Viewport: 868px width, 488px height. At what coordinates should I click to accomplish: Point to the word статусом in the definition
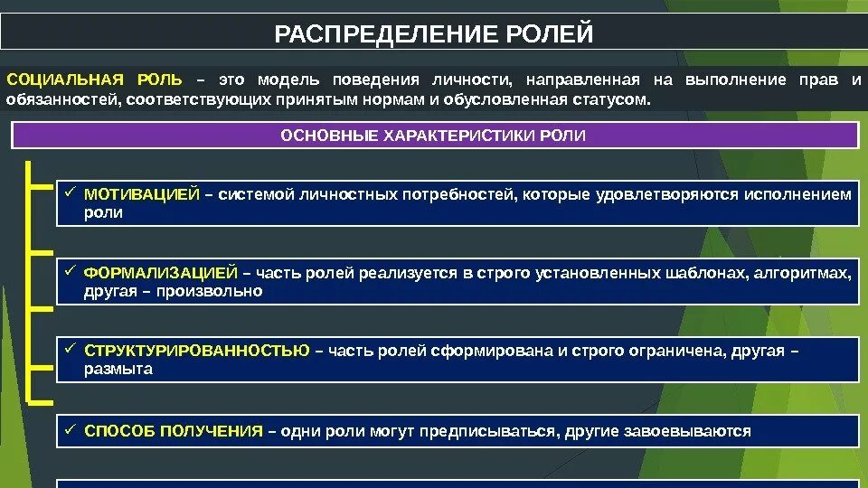(612, 99)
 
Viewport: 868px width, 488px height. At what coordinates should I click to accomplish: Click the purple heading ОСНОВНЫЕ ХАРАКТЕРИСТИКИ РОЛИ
(433, 136)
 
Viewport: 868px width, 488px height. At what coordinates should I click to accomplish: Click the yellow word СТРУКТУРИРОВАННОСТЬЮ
(196, 350)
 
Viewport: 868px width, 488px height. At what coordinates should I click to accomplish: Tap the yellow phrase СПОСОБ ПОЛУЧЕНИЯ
(173, 431)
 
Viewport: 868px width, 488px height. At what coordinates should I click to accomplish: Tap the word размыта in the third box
(118, 369)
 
